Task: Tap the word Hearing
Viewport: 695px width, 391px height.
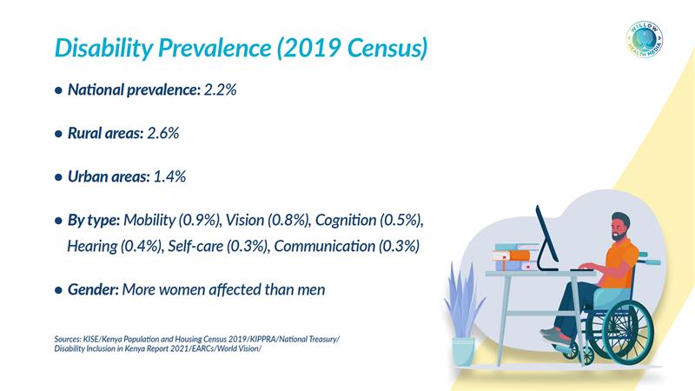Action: click(95, 246)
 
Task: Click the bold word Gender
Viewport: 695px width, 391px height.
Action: click(93, 289)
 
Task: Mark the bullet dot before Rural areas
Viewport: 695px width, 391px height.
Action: click(58, 134)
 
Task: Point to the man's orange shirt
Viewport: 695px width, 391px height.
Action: click(624, 261)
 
